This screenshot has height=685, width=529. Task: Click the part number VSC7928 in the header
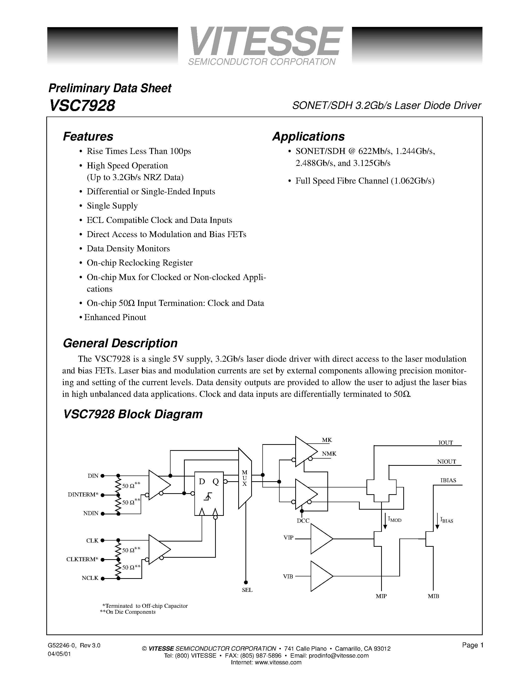pos(82,106)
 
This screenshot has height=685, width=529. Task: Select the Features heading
pos(88,137)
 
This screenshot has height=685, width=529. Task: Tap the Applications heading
pos(308,137)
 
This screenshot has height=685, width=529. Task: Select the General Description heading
pos(120,343)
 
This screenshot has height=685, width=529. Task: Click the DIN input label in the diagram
pos(93,476)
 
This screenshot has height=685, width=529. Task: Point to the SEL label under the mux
pos(247,590)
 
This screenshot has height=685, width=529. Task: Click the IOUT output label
pos(445,443)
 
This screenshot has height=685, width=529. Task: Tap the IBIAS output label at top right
pos(448,480)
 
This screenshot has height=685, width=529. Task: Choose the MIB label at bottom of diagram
pos(433,596)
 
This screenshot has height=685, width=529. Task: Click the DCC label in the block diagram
pos(303,521)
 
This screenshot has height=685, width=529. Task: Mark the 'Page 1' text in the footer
pos(472,645)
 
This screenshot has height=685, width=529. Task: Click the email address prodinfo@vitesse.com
pos(339,656)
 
